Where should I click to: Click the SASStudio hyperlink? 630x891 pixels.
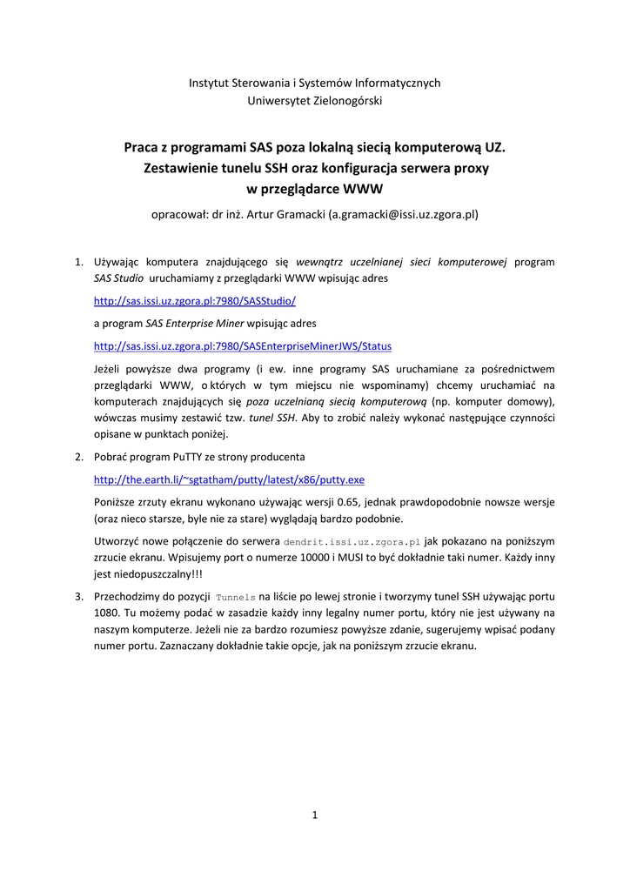tap(194, 301)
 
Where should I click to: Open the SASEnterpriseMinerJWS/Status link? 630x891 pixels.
tap(242, 345)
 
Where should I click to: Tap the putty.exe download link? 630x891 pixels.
tap(229, 479)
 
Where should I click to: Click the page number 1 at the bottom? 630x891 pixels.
tap(314, 815)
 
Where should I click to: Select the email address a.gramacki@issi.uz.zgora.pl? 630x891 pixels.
tap(403, 212)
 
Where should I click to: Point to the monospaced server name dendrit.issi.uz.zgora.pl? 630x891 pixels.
tap(352, 541)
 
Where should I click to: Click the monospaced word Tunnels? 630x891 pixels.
tap(235, 597)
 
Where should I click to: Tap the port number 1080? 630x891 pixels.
tap(105, 613)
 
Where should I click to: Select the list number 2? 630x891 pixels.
tap(77, 457)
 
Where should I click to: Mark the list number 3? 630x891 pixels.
tap(77, 596)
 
